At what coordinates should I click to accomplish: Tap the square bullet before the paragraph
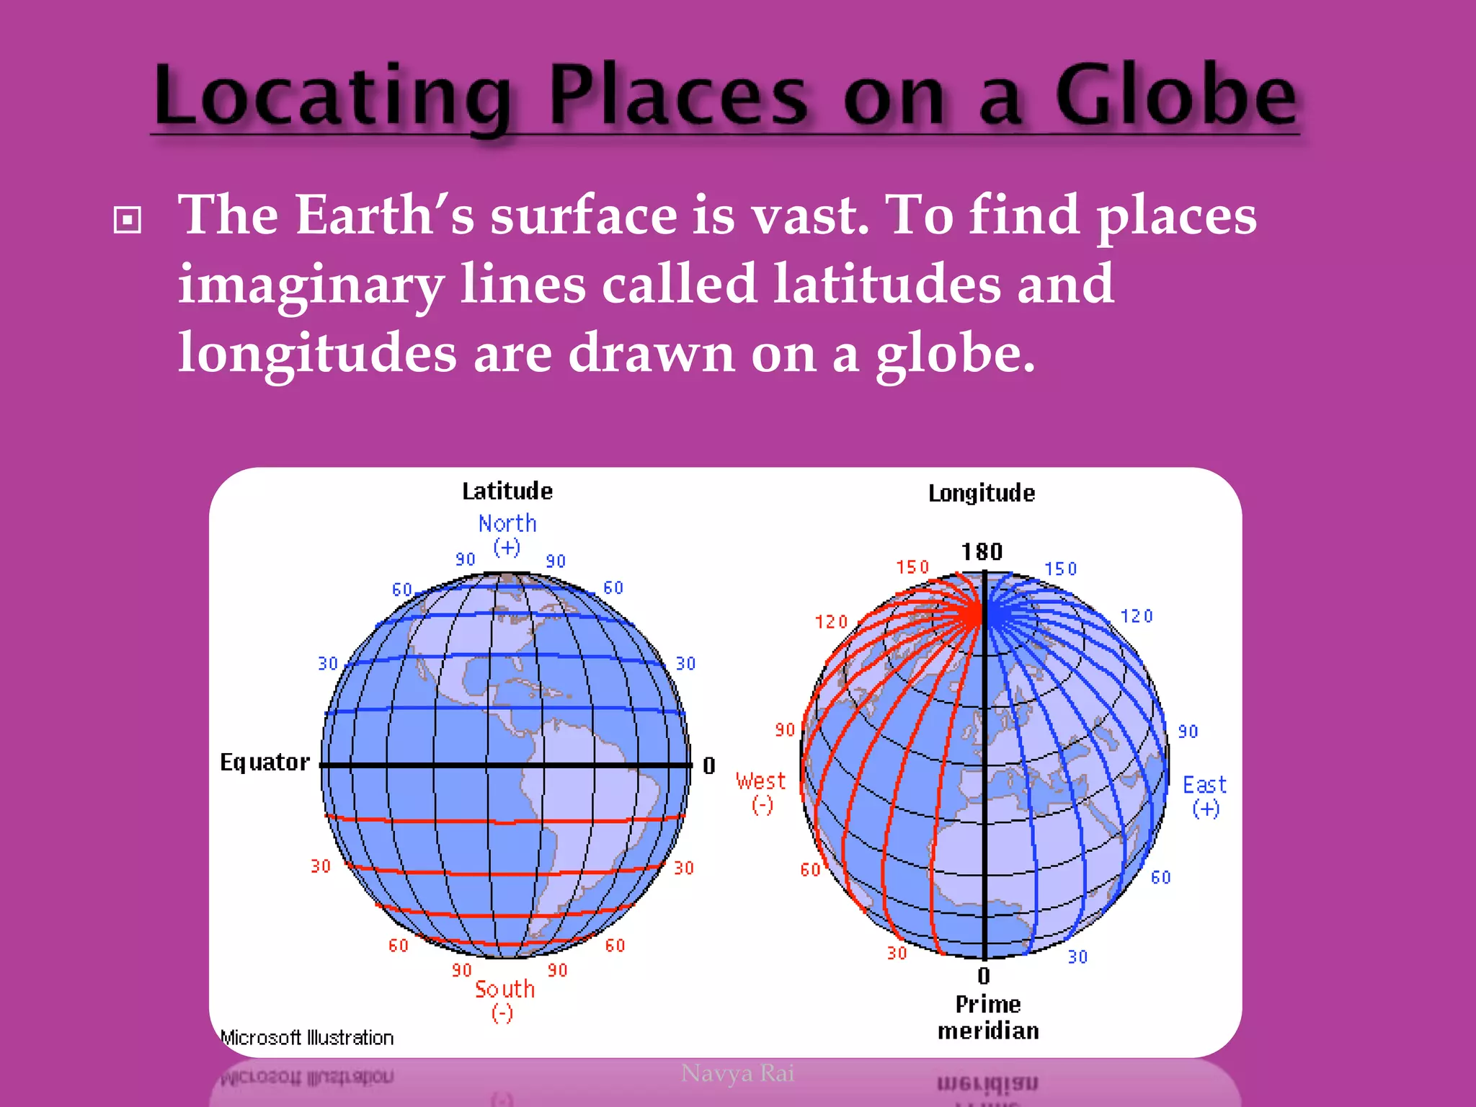point(128,220)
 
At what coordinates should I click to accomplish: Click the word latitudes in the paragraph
point(887,284)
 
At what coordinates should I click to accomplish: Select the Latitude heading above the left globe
point(507,492)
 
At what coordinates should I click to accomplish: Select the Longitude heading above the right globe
point(981,494)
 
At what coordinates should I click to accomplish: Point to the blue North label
point(507,523)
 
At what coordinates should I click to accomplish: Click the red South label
point(504,989)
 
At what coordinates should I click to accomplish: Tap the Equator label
point(264,762)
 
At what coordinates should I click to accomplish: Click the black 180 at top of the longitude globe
point(982,552)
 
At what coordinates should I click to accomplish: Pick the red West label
point(760,781)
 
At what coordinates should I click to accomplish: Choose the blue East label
point(1204,785)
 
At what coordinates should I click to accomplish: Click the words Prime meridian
point(988,1017)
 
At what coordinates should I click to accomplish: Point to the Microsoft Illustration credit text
point(307,1038)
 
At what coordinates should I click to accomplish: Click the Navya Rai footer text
point(737,1073)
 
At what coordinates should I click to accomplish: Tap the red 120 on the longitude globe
point(831,622)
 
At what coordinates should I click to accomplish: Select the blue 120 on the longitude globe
point(1137,616)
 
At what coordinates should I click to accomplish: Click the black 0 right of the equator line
point(709,765)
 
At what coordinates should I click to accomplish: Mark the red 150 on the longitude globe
point(912,567)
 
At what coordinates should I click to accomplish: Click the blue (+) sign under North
point(507,548)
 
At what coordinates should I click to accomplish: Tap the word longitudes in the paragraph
point(317,353)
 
